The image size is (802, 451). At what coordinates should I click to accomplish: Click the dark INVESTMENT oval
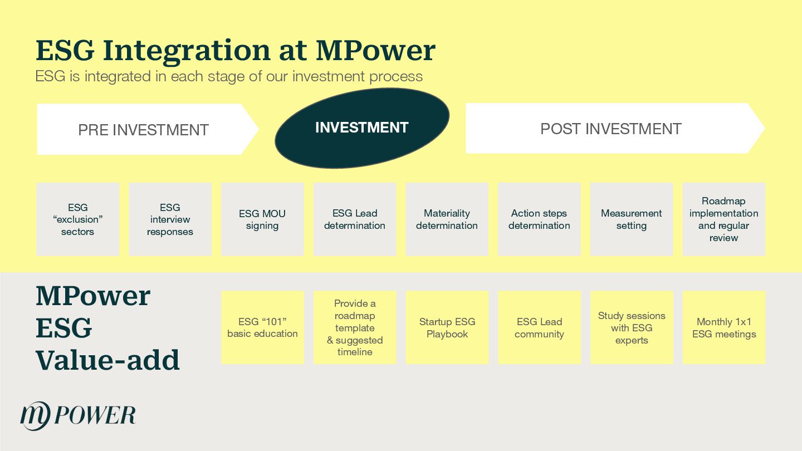(362, 128)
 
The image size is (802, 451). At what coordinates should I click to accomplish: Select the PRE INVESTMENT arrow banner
(143, 129)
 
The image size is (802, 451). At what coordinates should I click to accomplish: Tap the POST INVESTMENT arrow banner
(611, 129)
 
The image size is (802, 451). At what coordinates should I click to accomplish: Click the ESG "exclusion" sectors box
(78, 219)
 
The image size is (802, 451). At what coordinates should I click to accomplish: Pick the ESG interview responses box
(170, 219)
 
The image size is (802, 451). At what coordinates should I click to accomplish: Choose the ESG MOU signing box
(262, 219)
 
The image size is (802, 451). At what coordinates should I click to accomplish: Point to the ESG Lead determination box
(355, 219)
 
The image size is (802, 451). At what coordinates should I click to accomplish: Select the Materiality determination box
(447, 219)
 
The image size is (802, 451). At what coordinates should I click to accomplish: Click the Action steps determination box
(539, 219)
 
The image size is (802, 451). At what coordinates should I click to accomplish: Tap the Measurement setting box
(632, 219)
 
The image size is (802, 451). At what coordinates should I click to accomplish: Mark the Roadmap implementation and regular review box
(723, 219)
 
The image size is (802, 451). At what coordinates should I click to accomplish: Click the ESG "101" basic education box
(262, 327)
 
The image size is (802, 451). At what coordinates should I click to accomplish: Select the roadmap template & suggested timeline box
(355, 327)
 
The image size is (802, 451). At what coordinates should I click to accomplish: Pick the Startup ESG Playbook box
(447, 327)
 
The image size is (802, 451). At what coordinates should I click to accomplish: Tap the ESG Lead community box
(539, 327)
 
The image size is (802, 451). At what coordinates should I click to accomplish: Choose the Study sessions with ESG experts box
(632, 327)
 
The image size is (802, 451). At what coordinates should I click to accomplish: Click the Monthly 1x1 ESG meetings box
(723, 327)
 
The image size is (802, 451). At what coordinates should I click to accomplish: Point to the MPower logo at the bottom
(78, 415)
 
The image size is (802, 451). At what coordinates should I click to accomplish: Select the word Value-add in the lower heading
(107, 360)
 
